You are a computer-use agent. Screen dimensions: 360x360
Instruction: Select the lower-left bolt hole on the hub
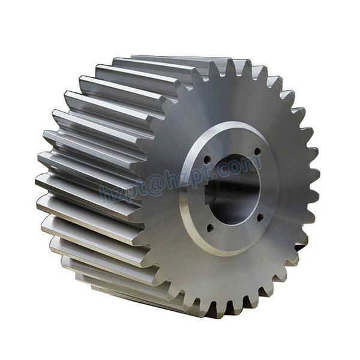pyautogui.click(x=209, y=227)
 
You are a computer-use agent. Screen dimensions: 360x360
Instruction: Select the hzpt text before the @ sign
pyautogui.click(x=121, y=191)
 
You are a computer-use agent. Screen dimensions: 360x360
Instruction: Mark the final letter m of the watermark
pyautogui.click(x=254, y=162)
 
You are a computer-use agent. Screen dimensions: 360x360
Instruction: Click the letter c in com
pyautogui.click(x=233, y=167)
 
